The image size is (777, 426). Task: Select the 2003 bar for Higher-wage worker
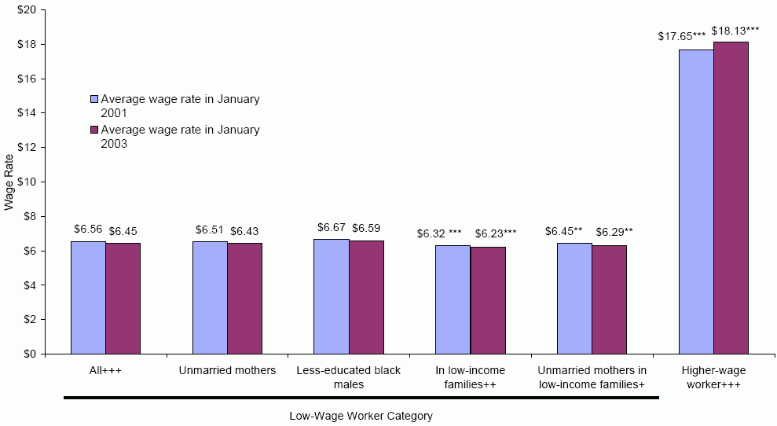[x=731, y=197]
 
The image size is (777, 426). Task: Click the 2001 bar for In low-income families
[x=453, y=299]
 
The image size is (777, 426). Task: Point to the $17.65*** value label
[x=682, y=37]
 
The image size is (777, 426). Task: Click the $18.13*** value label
[x=735, y=31]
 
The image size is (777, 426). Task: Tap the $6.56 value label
[x=88, y=230]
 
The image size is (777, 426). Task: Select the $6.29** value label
[x=614, y=232]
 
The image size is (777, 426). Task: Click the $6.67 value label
[x=331, y=227]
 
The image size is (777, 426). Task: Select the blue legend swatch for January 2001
[x=93, y=100]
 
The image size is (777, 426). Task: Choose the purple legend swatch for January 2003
[x=93, y=130]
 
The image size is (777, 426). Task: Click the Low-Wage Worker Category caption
[x=361, y=416]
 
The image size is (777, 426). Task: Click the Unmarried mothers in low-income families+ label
[x=592, y=377]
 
